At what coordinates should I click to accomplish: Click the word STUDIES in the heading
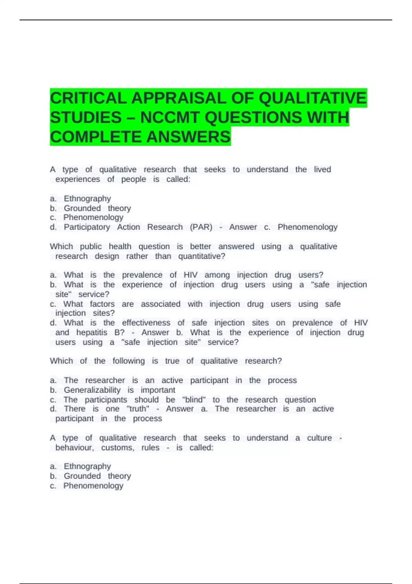(x=86, y=118)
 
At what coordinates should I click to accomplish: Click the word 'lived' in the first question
(x=322, y=170)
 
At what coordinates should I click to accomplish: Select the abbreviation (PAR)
(x=201, y=227)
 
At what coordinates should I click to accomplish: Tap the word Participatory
(x=87, y=227)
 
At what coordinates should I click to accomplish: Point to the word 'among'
(x=217, y=275)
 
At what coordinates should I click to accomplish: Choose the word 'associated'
(x=160, y=304)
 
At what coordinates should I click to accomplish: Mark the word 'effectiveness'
(x=146, y=323)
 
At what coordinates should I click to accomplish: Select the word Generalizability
(x=92, y=390)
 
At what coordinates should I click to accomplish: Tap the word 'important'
(x=158, y=390)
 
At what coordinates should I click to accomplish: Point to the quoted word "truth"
(x=138, y=409)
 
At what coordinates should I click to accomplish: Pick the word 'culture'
(x=319, y=438)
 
